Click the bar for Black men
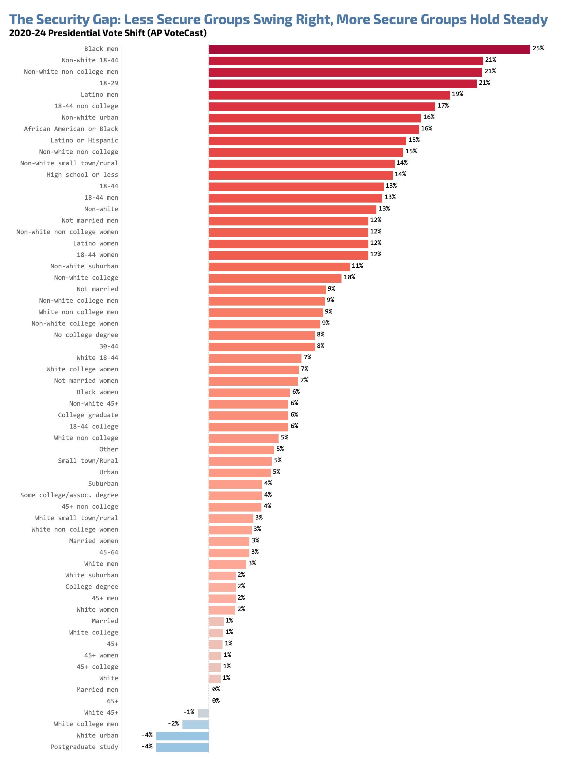pyautogui.click(x=369, y=49)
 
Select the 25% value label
pyautogui.click(x=538, y=49)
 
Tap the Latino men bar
pyautogui.click(x=329, y=95)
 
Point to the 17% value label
pyautogui.click(x=443, y=106)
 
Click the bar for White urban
pyautogui.click(x=182, y=736)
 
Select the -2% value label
pyautogui.click(x=173, y=724)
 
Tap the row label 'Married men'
pyautogui.click(x=97, y=690)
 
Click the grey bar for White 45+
pyautogui.click(x=203, y=713)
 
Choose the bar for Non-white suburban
pyautogui.click(x=279, y=267)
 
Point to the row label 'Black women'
pyautogui.click(x=97, y=392)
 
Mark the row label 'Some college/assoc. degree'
pyautogui.click(x=69, y=495)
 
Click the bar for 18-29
pyautogui.click(x=342, y=84)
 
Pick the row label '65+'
pyautogui.click(x=112, y=701)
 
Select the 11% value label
pyautogui.click(x=357, y=265)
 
